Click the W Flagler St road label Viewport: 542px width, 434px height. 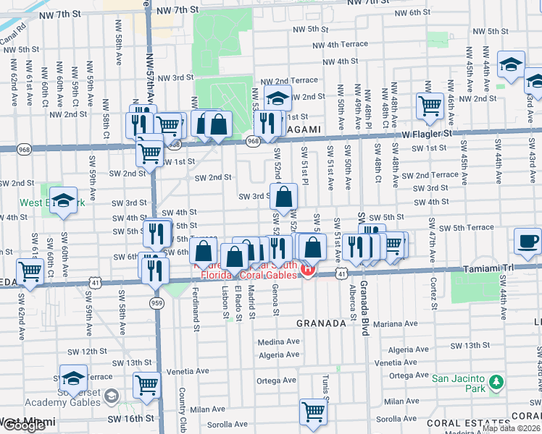point(427,133)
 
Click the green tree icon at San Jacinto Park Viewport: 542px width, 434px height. point(496,381)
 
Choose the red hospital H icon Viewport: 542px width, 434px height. point(307,271)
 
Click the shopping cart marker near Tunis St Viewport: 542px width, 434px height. point(313,412)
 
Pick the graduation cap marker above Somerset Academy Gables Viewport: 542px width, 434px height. point(73,378)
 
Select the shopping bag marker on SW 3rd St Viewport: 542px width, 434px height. point(284,196)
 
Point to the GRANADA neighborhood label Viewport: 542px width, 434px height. point(322,323)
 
